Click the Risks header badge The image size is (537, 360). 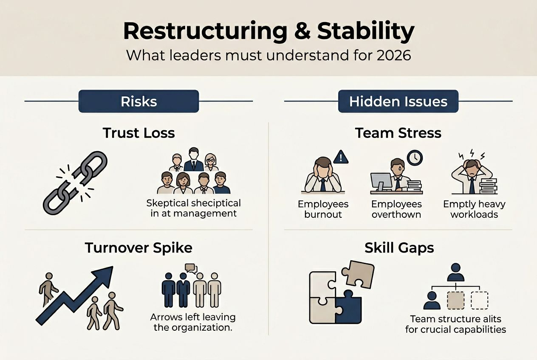click(138, 101)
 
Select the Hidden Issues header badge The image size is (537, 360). click(398, 101)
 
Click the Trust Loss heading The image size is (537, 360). click(138, 133)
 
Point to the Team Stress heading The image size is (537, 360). click(398, 133)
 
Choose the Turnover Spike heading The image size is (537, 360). click(138, 247)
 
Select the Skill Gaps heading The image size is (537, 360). click(399, 247)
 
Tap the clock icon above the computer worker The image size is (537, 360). click(415, 158)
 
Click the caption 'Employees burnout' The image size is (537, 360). click(323, 209)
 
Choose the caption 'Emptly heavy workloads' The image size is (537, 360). click(474, 209)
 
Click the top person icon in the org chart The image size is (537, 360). click(455, 272)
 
